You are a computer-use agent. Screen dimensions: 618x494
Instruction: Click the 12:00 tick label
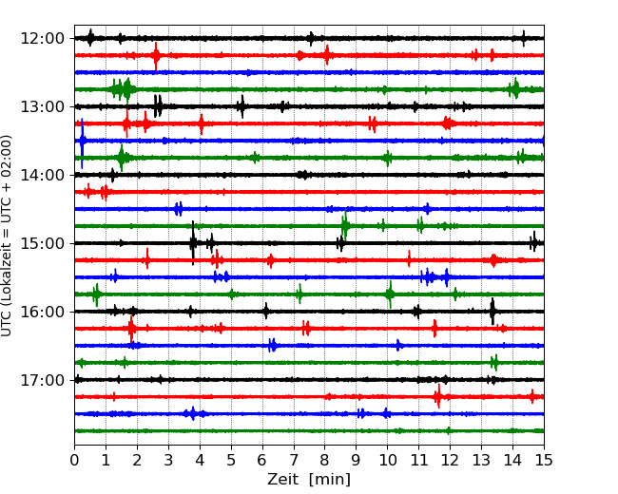pyautogui.click(x=42, y=39)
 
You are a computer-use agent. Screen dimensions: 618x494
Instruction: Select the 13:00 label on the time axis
pyautogui.click(x=42, y=106)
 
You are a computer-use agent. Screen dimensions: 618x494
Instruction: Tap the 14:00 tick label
pyautogui.click(x=42, y=175)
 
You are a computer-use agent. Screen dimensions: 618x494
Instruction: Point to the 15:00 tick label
pyautogui.click(x=42, y=243)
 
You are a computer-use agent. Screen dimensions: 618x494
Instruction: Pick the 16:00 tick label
pyautogui.click(x=42, y=312)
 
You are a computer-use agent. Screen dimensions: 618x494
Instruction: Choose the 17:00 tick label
pyautogui.click(x=42, y=380)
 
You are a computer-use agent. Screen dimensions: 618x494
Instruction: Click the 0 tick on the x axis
pyautogui.click(x=74, y=460)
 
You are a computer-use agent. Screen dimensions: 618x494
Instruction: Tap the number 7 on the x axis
pyautogui.click(x=294, y=460)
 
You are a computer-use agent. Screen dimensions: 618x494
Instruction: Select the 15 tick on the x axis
pyautogui.click(x=544, y=460)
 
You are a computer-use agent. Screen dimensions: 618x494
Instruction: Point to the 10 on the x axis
pyautogui.click(x=387, y=460)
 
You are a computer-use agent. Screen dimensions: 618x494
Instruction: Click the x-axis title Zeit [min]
pyautogui.click(x=309, y=480)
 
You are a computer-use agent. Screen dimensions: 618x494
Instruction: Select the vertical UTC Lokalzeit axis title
pyautogui.click(x=7, y=236)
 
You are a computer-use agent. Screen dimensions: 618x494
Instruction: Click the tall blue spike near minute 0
pyautogui.click(x=82, y=142)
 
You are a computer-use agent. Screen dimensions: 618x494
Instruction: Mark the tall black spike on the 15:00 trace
pyautogui.click(x=193, y=242)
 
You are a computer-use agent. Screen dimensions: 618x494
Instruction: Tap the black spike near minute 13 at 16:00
pyautogui.click(x=492, y=312)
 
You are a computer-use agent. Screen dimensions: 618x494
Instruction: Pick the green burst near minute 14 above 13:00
pyautogui.click(x=514, y=89)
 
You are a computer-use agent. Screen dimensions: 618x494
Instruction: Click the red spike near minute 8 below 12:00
pyautogui.click(x=327, y=55)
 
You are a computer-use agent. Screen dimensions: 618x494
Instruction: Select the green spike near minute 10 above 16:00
pyautogui.click(x=390, y=294)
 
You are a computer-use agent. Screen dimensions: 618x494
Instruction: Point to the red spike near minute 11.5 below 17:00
pyautogui.click(x=438, y=396)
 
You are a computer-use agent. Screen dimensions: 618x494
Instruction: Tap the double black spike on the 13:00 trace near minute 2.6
pyautogui.click(x=158, y=106)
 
